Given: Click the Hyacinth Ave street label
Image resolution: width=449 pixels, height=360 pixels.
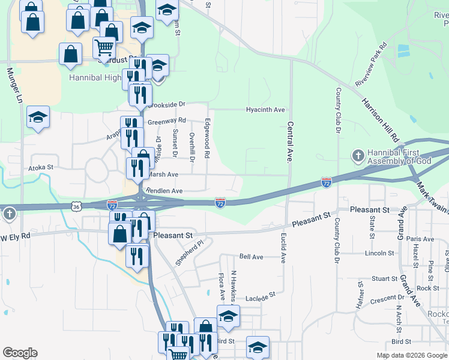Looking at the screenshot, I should pos(265,110).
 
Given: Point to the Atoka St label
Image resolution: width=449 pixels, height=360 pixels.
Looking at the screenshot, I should pos(41,167).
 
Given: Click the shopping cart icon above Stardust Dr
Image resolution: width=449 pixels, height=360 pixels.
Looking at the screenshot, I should pos(104,47).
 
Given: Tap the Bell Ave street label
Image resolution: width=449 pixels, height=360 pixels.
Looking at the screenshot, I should pos(252,256).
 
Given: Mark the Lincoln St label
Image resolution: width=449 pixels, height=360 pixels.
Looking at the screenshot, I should pos(378,253).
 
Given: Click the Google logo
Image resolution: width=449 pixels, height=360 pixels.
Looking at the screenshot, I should pos(20,353).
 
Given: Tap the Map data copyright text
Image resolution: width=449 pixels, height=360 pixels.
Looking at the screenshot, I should pos(412,355).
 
